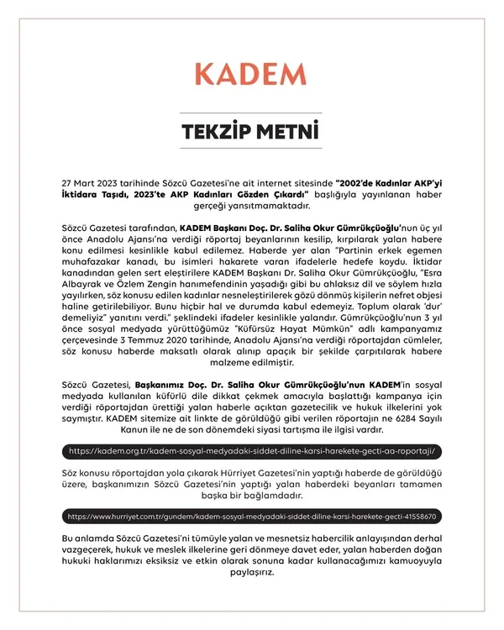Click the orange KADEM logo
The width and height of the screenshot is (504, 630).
[x=251, y=74]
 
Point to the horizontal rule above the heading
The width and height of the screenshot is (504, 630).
[x=251, y=112]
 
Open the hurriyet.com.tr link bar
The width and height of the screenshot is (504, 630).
[x=251, y=516]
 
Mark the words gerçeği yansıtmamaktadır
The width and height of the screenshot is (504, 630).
[x=252, y=204]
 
